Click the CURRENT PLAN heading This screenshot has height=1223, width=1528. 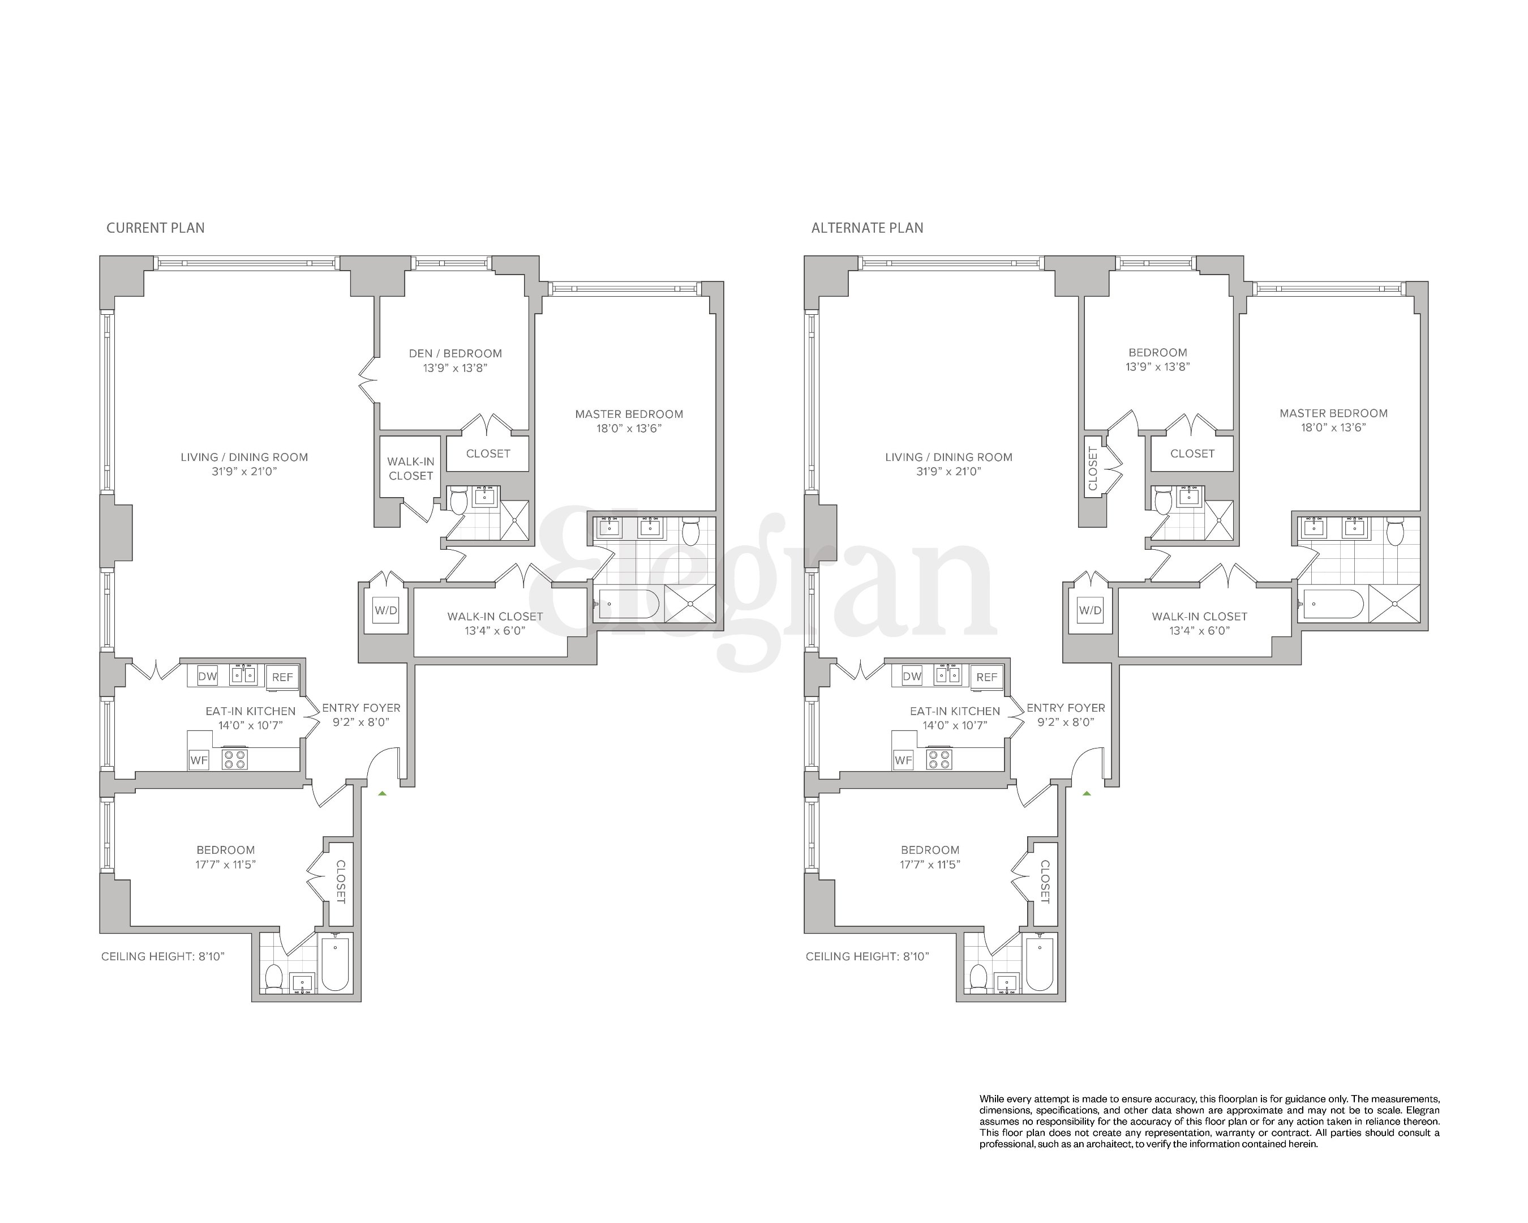pyautogui.click(x=155, y=228)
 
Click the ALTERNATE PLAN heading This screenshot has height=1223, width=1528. pyautogui.click(x=867, y=228)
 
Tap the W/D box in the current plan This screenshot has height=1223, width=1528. pyautogui.click(x=385, y=610)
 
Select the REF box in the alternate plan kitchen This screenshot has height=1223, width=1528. pyautogui.click(x=986, y=677)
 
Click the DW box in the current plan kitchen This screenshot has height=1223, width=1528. pyautogui.click(x=207, y=677)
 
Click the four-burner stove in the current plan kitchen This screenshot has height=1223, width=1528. pyautogui.click(x=235, y=759)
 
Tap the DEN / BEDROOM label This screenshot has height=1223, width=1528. pyautogui.click(x=455, y=353)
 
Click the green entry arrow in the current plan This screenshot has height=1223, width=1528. pyautogui.click(x=382, y=793)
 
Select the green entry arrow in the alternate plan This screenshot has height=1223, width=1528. pyautogui.click(x=1087, y=793)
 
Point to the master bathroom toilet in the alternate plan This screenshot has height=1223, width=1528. pyautogui.click(x=1396, y=532)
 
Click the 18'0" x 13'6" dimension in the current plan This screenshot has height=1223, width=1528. pyautogui.click(x=629, y=428)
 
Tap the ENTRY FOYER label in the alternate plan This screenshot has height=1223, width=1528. pyautogui.click(x=1065, y=708)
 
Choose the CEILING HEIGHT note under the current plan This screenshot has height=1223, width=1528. pyautogui.click(x=162, y=956)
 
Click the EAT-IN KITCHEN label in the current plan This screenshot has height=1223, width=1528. pyautogui.click(x=250, y=711)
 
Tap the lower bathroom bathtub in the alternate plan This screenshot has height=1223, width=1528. pyautogui.click(x=1040, y=962)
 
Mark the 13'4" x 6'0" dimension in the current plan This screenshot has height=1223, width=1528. pyautogui.click(x=495, y=631)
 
